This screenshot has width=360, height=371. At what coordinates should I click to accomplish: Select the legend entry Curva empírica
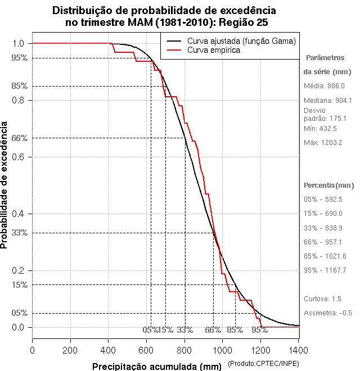(214, 50)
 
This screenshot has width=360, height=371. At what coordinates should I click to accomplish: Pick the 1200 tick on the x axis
(260, 350)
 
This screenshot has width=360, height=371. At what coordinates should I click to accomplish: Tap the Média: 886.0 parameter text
(324, 86)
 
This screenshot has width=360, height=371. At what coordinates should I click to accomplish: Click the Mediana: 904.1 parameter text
(327, 100)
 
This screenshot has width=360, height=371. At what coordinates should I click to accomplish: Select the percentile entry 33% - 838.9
(323, 228)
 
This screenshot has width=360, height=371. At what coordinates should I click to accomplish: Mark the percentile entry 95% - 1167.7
(325, 270)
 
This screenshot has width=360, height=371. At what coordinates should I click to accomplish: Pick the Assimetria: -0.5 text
(327, 313)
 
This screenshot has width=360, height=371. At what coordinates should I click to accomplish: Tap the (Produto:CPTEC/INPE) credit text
(263, 364)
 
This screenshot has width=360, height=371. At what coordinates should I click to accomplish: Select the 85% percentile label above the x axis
(235, 330)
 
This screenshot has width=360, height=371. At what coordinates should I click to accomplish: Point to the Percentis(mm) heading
(329, 185)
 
